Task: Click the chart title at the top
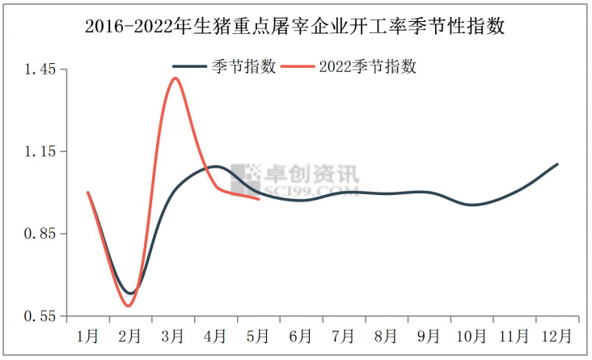295,27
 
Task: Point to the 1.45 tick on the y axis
40,70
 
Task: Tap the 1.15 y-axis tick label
40,152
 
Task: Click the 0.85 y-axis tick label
40,234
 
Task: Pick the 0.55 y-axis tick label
40,316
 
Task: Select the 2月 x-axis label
129,335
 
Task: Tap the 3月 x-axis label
172,335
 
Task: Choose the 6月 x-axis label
300,335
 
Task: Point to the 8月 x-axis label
386,335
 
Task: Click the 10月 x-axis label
471,335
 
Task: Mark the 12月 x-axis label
556,335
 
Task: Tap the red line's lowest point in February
128,306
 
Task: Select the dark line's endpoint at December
558,164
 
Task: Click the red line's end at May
259,199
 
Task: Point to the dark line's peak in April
215,166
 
